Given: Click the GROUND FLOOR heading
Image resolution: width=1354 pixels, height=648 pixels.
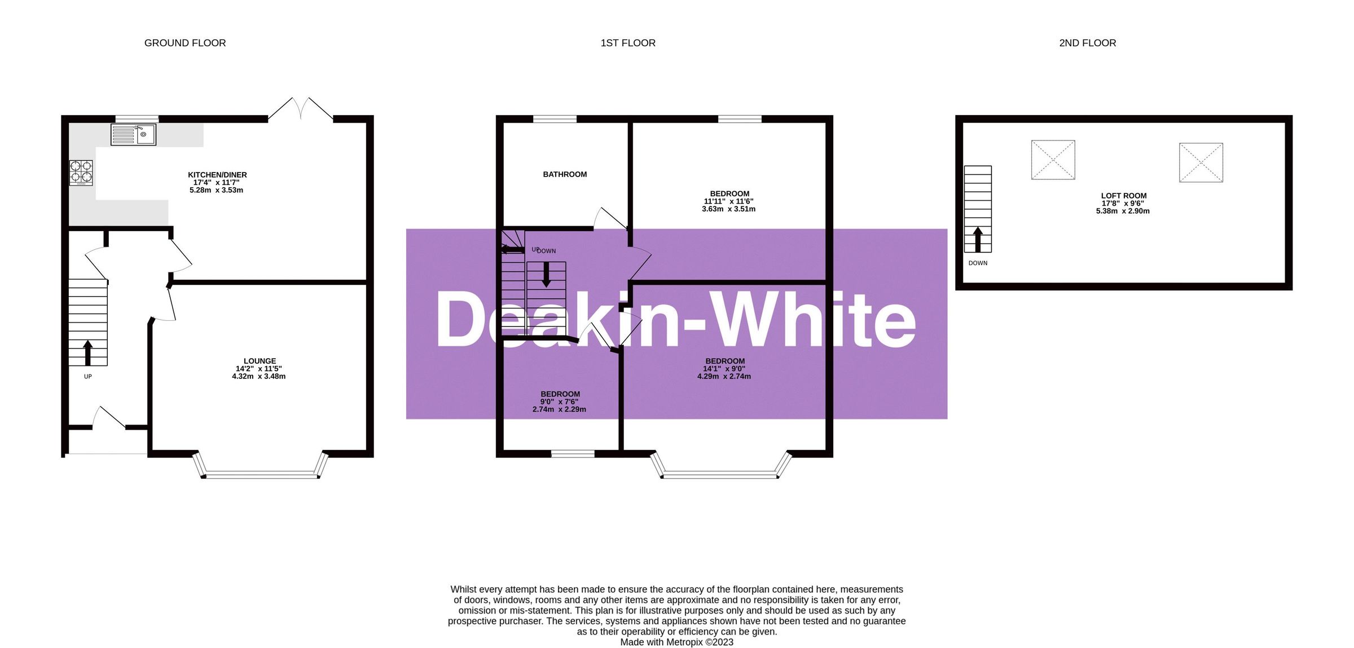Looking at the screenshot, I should [x=185, y=43].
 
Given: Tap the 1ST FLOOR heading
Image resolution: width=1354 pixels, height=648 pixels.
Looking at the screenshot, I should [x=628, y=43].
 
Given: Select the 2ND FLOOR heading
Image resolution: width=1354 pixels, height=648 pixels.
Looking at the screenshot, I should [x=1087, y=43].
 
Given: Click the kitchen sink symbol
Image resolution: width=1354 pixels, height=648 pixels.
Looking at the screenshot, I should [x=133, y=135].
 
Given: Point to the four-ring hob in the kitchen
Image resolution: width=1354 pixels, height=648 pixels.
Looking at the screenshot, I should [x=81, y=173].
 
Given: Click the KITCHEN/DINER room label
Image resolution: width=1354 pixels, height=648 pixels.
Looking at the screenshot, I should [x=217, y=175].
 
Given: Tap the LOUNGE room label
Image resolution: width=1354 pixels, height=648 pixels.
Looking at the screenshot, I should [x=260, y=361].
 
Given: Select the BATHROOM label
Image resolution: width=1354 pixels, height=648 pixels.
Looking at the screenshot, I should [x=565, y=174].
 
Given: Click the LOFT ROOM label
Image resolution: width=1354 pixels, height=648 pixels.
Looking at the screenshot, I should [x=1123, y=196].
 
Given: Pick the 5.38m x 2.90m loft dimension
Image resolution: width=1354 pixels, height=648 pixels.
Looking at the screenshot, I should [x=1123, y=211].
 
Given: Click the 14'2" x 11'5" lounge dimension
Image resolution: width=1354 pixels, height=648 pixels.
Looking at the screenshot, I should [x=258, y=369].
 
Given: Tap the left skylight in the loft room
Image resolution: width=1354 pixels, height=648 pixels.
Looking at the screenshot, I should [x=1053, y=160].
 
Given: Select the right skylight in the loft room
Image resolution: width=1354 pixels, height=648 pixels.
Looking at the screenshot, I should [x=1201, y=162].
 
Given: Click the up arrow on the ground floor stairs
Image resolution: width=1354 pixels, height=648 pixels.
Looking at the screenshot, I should [x=87, y=352].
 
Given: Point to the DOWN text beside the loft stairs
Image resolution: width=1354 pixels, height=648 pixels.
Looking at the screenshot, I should [x=978, y=263].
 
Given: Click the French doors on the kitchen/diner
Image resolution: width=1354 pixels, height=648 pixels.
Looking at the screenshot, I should [x=301, y=109].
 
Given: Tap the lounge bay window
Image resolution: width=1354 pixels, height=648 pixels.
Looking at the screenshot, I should [x=260, y=474].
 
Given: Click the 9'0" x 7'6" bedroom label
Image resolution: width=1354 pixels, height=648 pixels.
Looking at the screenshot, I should [x=559, y=402].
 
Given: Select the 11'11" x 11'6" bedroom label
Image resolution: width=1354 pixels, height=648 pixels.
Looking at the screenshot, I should [x=728, y=201].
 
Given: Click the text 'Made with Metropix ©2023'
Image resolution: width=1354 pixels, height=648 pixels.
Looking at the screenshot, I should [x=676, y=642].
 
